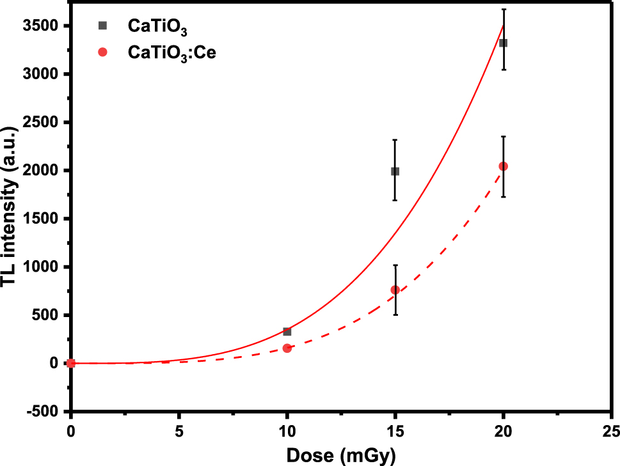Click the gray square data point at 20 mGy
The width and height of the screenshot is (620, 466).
[504, 43]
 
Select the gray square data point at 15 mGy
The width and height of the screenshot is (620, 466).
[395, 171]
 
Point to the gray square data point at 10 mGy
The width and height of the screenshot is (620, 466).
[287, 332]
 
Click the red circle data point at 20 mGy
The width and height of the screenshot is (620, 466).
[504, 166]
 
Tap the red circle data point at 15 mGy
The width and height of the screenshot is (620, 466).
[395, 290]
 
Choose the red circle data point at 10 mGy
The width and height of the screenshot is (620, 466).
[287, 348]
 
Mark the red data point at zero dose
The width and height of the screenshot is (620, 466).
[71, 363]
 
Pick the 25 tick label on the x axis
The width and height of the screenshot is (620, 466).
[612, 427]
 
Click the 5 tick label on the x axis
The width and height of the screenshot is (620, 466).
[179, 427]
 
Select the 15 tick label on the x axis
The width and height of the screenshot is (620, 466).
[395, 427]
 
